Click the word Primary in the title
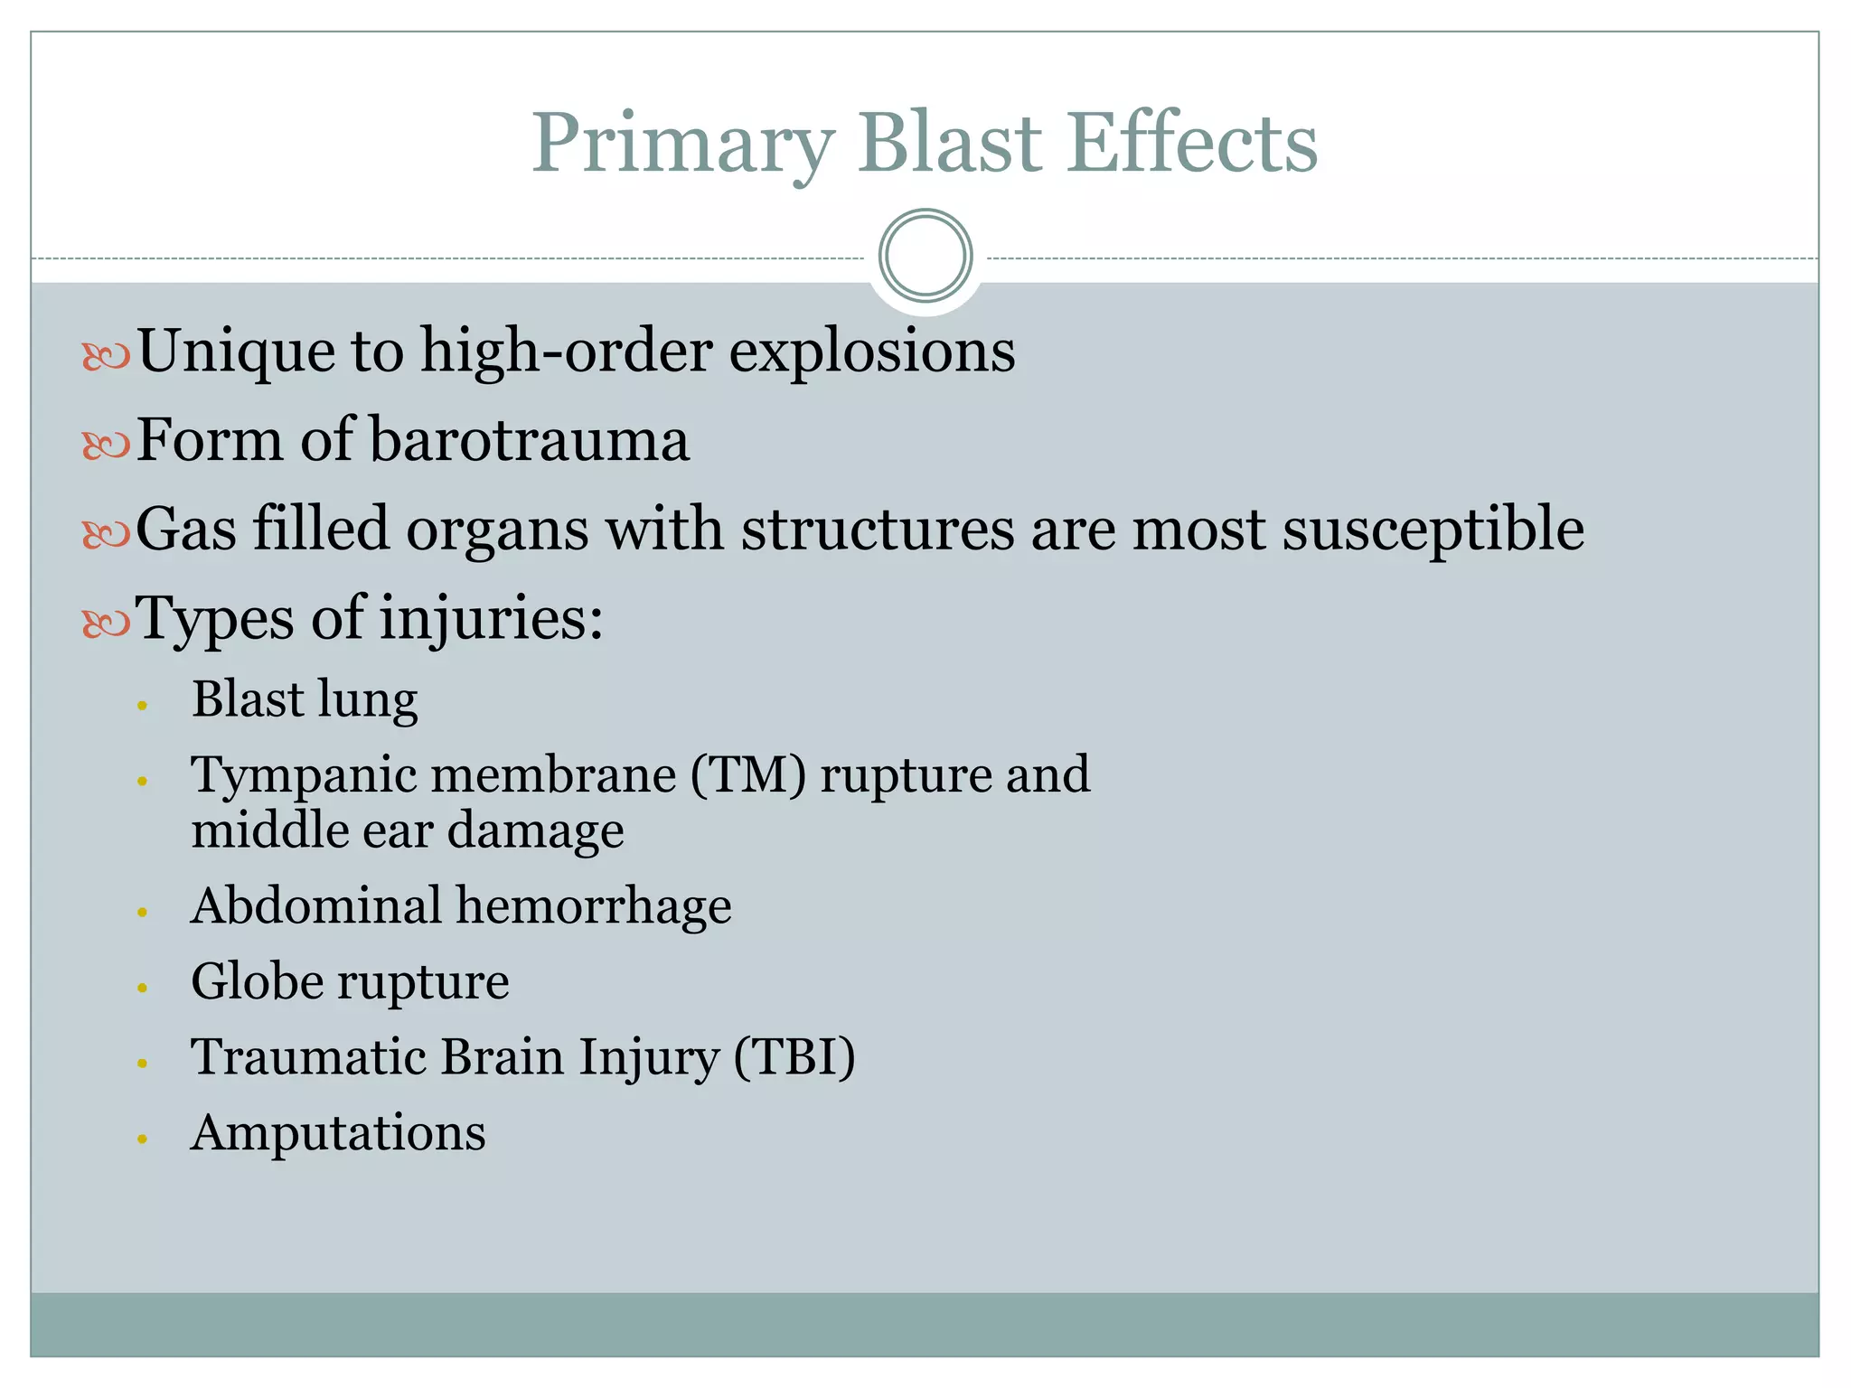(x=682, y=145)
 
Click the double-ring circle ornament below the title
(x=925, y=256)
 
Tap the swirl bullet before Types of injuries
(x=106, y=623)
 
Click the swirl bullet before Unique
(x=106, y=356)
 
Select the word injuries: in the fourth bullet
(x=491, y=620)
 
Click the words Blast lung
(x=305, y=700)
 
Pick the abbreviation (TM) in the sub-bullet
(x=747, y=775)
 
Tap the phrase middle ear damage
(x=407, y=830)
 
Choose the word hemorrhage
(x=593, y=906)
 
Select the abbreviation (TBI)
(x=794, y=1057)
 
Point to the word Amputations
(x=338, y=1133)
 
